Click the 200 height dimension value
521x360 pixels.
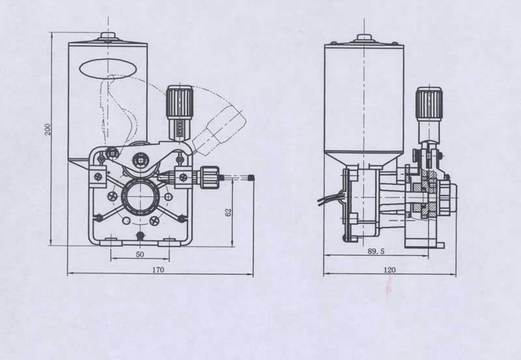tap(48, 129)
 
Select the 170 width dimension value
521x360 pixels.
tap(158, 270)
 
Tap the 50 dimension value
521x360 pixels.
tap(140, 255)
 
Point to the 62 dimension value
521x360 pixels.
tap(229, 212)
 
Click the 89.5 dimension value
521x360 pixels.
tap(376, 251)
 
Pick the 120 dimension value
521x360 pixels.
tap(389, 270)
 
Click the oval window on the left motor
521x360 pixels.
tap(108, 69)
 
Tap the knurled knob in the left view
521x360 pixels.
tap(180, 102)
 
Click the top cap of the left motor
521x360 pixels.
tap(108, 36)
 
